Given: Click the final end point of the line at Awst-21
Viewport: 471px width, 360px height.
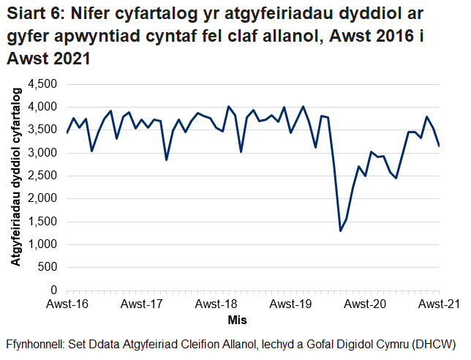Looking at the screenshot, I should click(x=439, y=146).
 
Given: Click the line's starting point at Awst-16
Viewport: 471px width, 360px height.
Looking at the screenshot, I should click(x=67, y=132).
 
